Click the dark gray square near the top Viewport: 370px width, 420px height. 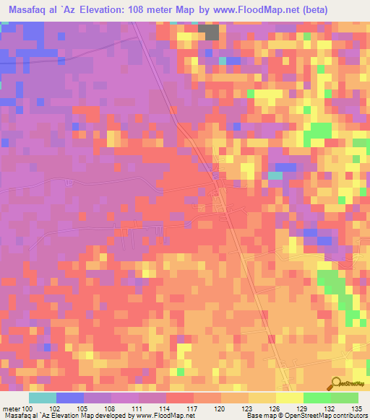[210, 32]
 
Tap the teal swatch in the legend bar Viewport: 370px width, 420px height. [42, 398]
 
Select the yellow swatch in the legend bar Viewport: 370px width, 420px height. [288, 398]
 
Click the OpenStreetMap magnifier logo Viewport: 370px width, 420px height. [335, 383]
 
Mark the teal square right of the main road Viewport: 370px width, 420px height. [275, 175]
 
